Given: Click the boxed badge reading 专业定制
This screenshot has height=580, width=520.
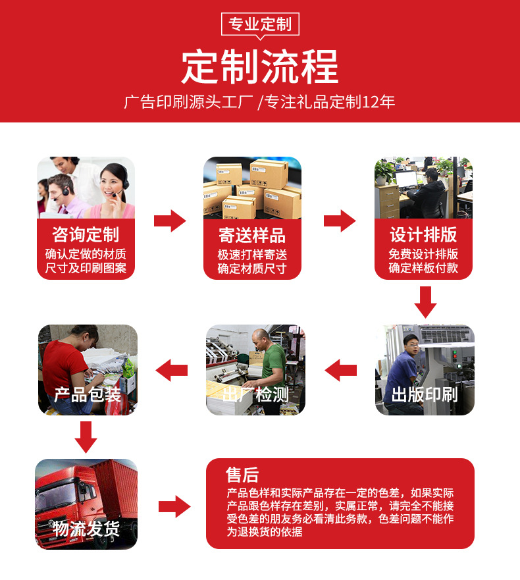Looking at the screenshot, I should (259, 25).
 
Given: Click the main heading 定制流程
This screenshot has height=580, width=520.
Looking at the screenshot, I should (259, 66).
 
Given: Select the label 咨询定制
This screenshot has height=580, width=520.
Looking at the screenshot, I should (86, 235).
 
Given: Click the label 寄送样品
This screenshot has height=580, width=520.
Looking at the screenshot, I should (252, 235).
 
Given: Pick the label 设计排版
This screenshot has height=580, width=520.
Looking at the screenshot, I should (423, 235).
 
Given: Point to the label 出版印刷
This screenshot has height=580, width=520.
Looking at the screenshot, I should (425, 395).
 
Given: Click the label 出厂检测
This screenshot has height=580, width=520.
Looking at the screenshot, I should (255, 395).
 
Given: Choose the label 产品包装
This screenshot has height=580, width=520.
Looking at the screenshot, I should (88, 395).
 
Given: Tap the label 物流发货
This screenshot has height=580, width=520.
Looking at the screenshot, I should (86, 529).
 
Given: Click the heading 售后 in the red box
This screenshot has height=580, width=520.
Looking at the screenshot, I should (242, 475).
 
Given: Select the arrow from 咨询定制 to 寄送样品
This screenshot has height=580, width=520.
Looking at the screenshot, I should (170, 221).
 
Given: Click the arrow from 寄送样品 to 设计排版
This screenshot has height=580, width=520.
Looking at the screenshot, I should (339, 221).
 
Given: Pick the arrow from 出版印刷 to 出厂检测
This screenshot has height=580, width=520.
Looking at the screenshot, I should (340, 370).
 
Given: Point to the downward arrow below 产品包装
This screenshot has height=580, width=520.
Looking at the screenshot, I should (86, 436).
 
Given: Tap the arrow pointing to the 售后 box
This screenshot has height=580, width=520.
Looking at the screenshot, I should (174, 506).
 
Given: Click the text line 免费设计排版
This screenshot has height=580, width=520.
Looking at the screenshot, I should (423, 254).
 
